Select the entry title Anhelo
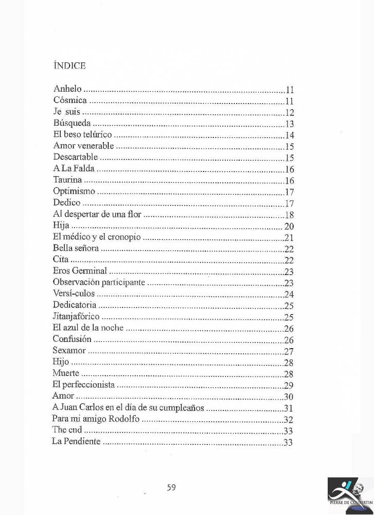tap(67, 89)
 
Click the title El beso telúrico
tap(82, 135)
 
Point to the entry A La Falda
tap(74, 169)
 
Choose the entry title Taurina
tap(67, 180)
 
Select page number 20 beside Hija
tap(289, 227)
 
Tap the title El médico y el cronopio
tap(97, 237)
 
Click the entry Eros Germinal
tap(80, 271)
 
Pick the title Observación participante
tap(99, 282)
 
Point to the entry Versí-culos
tap(74, 294)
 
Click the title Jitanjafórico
tap(76, 316)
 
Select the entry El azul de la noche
tap(88, 328)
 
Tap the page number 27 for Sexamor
tap(289, 352)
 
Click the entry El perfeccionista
tap(83, 385)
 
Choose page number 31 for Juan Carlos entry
tap(289, 408)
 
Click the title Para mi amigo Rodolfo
tap(96, 419)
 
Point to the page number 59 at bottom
tap(171, 487)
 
